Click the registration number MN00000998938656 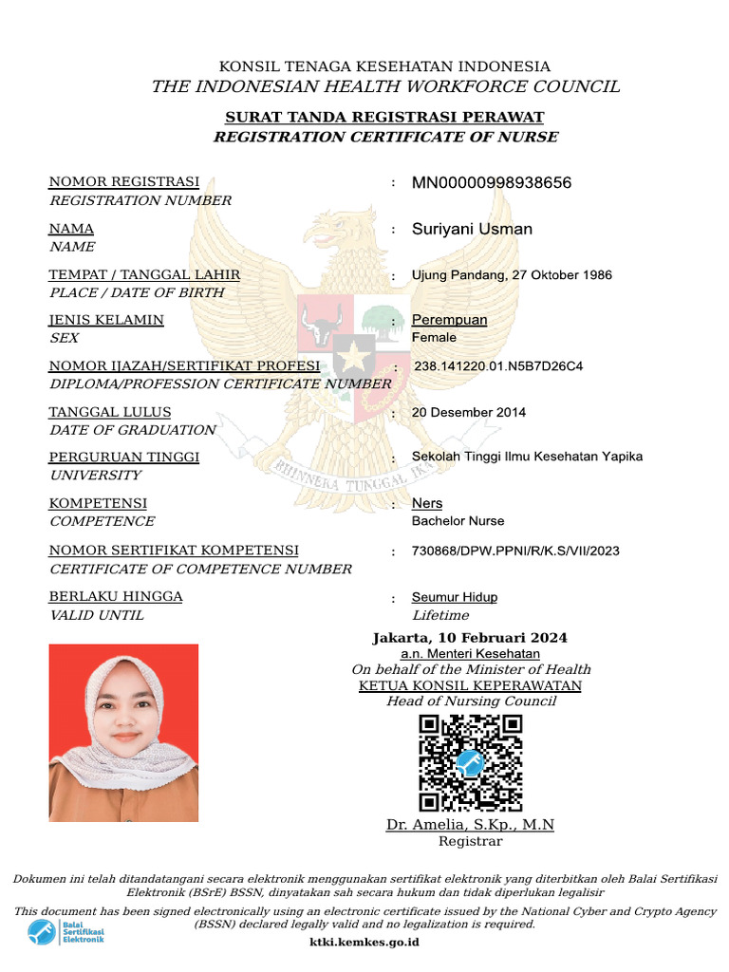491,182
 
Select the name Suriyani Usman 472,229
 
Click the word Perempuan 449,320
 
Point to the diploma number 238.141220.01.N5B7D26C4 498,365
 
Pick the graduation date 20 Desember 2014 468,412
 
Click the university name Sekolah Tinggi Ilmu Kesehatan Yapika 527,457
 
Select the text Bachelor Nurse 458,521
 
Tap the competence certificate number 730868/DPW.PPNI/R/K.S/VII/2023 515,551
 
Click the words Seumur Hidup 454,597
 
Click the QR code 471,763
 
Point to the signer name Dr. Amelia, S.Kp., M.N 470,825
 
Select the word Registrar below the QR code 470,841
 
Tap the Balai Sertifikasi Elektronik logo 65,932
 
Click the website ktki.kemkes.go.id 364,943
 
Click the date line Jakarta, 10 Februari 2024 470,637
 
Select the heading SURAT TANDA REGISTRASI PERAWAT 384,117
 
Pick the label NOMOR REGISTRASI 123,181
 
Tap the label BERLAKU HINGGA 116,596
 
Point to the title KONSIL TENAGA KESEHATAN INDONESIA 384,66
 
